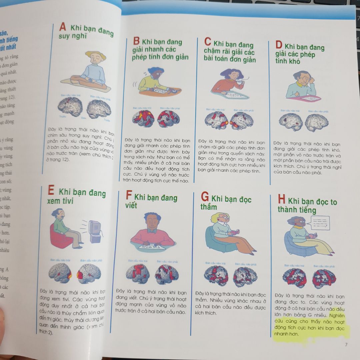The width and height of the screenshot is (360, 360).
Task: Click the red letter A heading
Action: (x=62, y=26)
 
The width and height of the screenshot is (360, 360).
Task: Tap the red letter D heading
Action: (x=279, y=45)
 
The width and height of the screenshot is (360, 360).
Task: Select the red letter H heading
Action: (x=282, y=200)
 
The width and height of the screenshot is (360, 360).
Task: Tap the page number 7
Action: (x=346, y=344)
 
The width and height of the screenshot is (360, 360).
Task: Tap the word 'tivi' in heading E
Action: (x=67, y=201)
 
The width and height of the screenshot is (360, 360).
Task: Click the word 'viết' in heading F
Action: (x=131, y=205)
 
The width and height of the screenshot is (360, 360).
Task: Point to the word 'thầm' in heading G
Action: (x=209, y=207)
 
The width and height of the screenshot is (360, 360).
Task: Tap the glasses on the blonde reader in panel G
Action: (x=225, y=218)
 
